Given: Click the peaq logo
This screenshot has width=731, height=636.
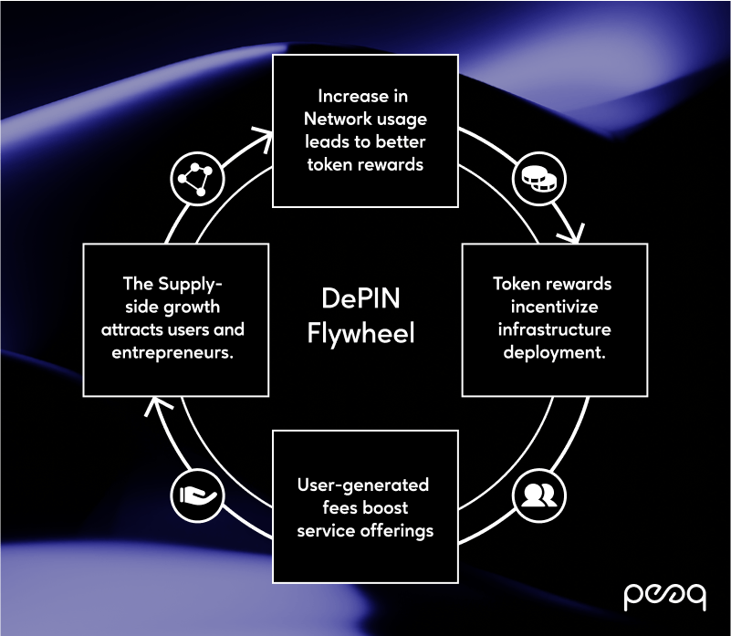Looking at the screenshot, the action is [x=664, y=597].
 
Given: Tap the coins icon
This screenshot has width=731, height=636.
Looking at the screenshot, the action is [x=539, y=179].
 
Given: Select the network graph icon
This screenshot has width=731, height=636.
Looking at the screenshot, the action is [x=197, y=179].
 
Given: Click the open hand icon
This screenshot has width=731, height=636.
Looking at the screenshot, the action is [x=197, y=495].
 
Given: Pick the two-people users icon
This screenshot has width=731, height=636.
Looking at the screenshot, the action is [x=539, y=495].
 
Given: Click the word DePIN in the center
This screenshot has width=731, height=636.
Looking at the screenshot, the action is [x=360, y=298].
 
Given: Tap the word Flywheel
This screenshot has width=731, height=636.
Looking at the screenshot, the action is [x=360, y=333].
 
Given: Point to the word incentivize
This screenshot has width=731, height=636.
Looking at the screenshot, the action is [x=554, y=307].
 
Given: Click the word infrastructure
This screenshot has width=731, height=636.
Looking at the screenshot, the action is [x=554, y=329].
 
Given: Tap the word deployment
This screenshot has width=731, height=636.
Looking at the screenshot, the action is [x=554, y=352].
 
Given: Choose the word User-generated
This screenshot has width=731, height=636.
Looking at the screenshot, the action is [x=363, y=485].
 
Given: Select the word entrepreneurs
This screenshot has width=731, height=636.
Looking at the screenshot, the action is [x=172, y=352].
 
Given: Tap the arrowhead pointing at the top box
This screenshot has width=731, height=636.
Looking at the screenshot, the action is [x=265, y=139].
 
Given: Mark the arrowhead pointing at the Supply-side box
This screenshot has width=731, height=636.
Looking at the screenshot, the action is [x=157, y=406].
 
